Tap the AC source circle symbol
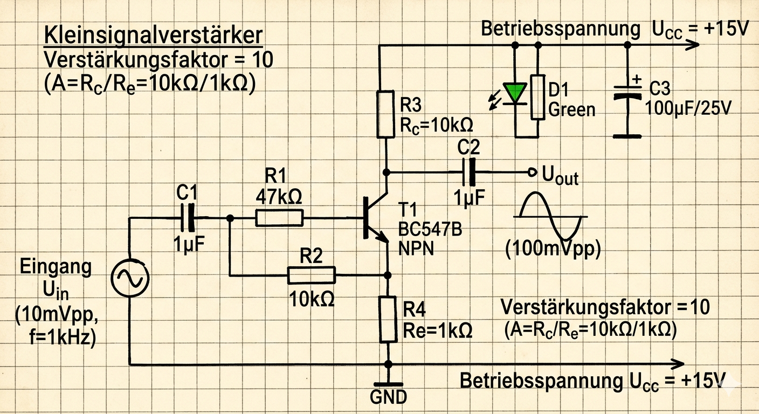click(129, 278)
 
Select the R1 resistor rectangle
click(279, 218)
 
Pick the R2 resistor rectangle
click(312, 275)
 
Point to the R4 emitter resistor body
click(388, 319)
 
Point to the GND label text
click(388, 397)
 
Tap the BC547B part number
click(430, 229)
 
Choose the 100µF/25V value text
click(688, 109)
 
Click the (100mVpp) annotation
click(553, 250)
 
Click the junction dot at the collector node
click(386, 172)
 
